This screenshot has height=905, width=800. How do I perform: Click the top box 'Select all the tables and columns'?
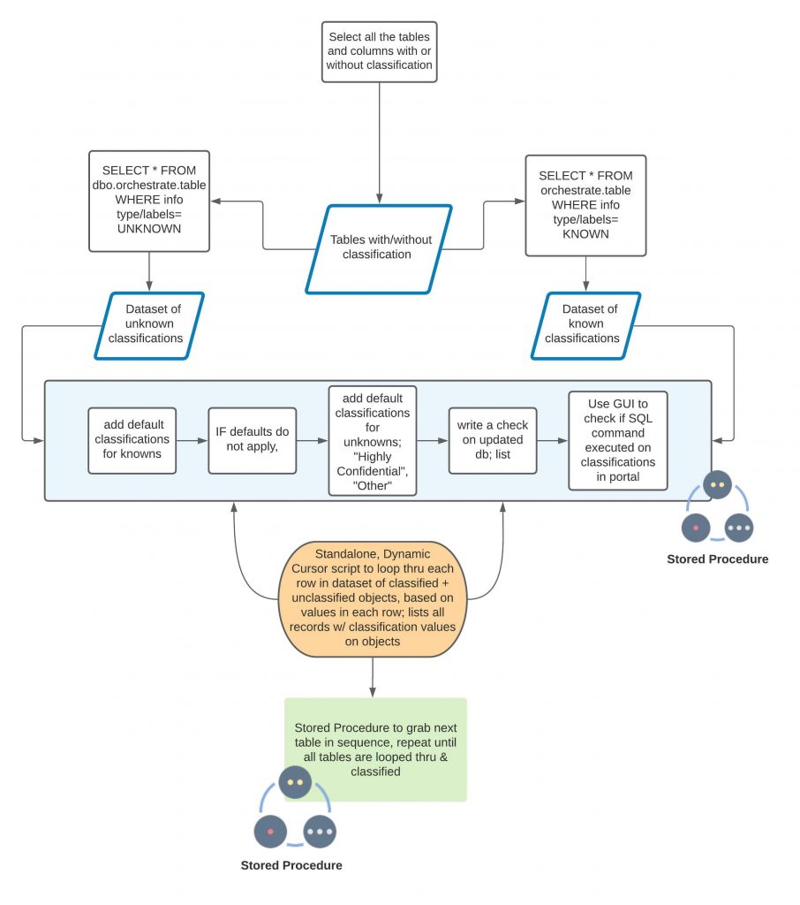(379, 51)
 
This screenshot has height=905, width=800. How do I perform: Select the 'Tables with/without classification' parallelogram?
(379, 247)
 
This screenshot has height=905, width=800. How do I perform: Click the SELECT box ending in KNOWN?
(585, 205)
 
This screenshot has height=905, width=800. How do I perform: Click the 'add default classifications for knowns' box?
(132, 439)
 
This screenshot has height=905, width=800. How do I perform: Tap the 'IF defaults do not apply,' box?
(252, 439)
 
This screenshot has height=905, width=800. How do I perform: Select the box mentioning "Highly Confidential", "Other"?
(372, 439)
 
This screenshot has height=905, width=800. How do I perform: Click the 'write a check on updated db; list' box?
(492, 439)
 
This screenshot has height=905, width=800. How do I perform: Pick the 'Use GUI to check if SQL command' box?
(616, 439)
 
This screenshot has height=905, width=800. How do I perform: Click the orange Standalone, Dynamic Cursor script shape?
(372, 598)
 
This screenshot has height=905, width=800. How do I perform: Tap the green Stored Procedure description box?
(375, 749)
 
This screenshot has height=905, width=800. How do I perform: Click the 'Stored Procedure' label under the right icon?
(717, 559)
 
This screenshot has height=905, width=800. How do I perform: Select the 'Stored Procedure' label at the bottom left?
(291, 865)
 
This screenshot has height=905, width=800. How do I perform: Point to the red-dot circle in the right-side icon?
(696, 528)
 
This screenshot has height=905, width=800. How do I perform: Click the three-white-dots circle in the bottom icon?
(320, 832)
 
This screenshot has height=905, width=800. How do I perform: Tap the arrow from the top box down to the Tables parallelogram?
(380, 141)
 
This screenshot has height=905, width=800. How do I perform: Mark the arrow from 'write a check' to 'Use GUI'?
(552, 439)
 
